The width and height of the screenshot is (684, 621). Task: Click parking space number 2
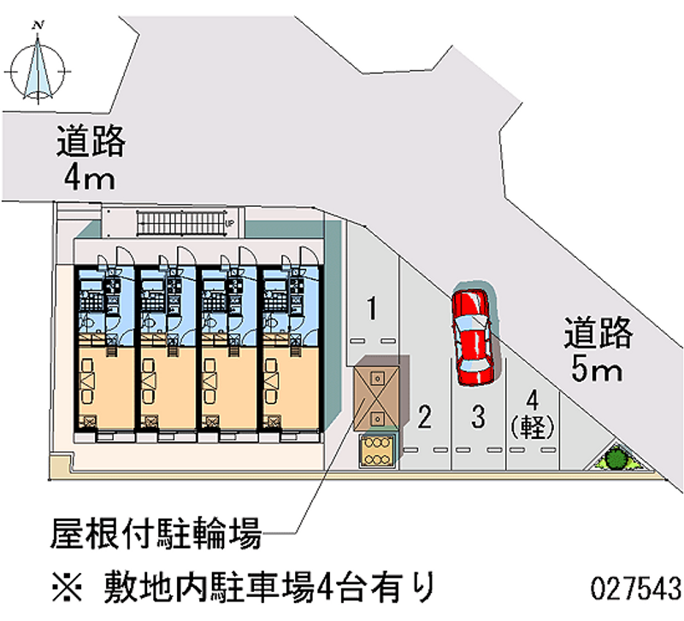(x=425, y=416)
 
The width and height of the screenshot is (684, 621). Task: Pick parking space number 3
(x=479, y=416)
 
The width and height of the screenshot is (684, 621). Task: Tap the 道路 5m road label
(x=598, y=349)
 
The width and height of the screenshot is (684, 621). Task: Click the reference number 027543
(x=635, y=588)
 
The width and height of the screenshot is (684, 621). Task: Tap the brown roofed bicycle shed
(x=377, y=395)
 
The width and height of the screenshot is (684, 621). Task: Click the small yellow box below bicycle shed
(x=377, y=450)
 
